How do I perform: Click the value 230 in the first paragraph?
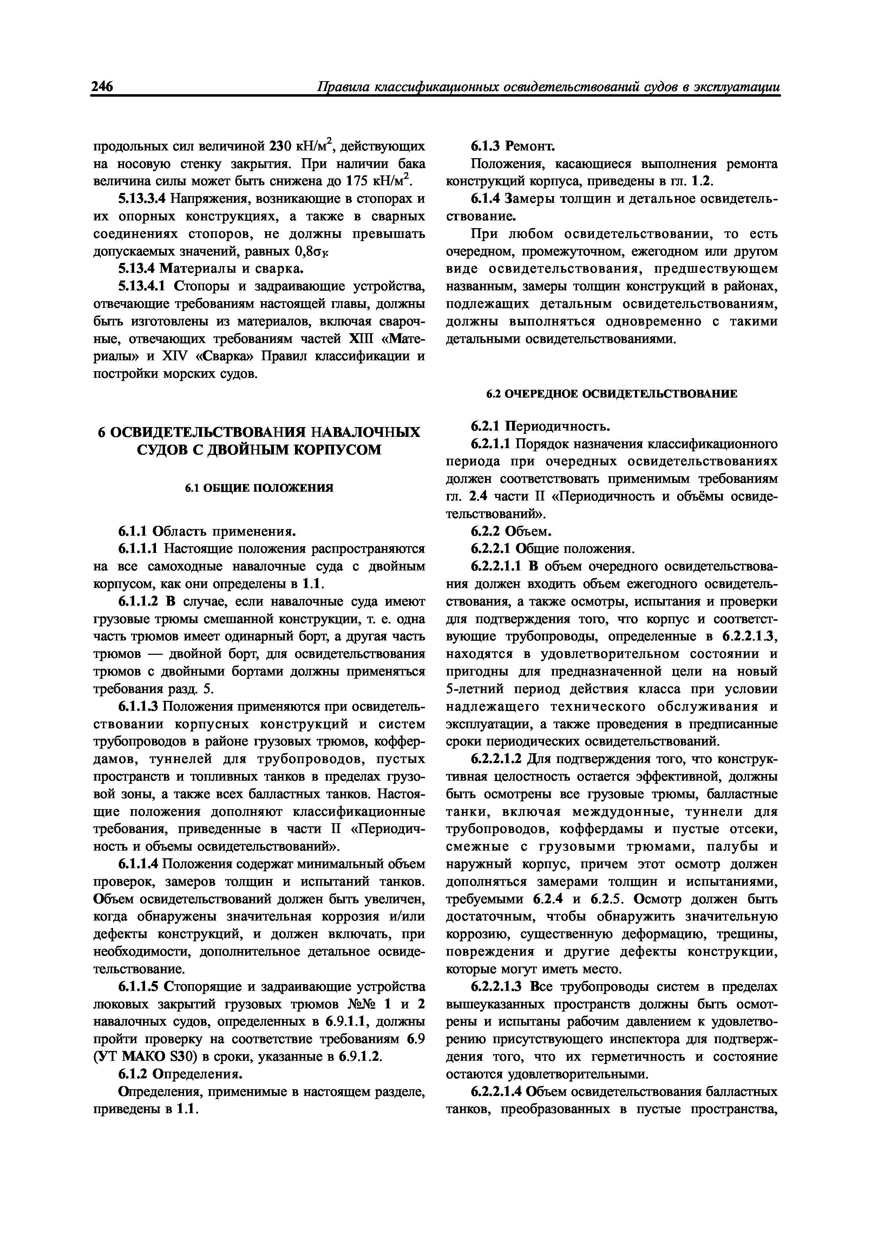click(x=279, y=146)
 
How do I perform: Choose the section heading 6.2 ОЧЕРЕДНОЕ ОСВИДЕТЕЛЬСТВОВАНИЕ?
click(x=612, y=394)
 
